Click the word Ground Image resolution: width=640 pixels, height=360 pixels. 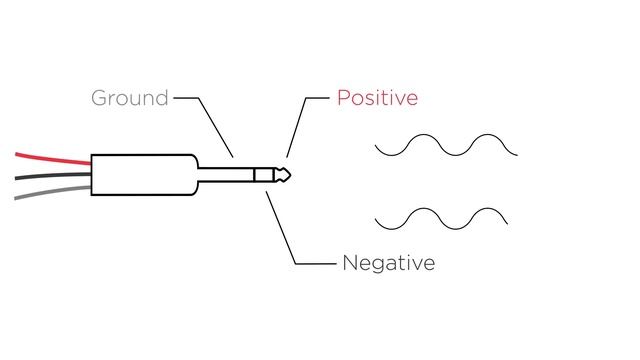(x=129, y=98)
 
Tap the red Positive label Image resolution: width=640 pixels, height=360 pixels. (x=377, y=98)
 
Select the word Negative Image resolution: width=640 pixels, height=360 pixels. (x=388, y=264)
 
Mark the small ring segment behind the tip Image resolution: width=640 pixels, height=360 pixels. (x=262, y=174)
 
